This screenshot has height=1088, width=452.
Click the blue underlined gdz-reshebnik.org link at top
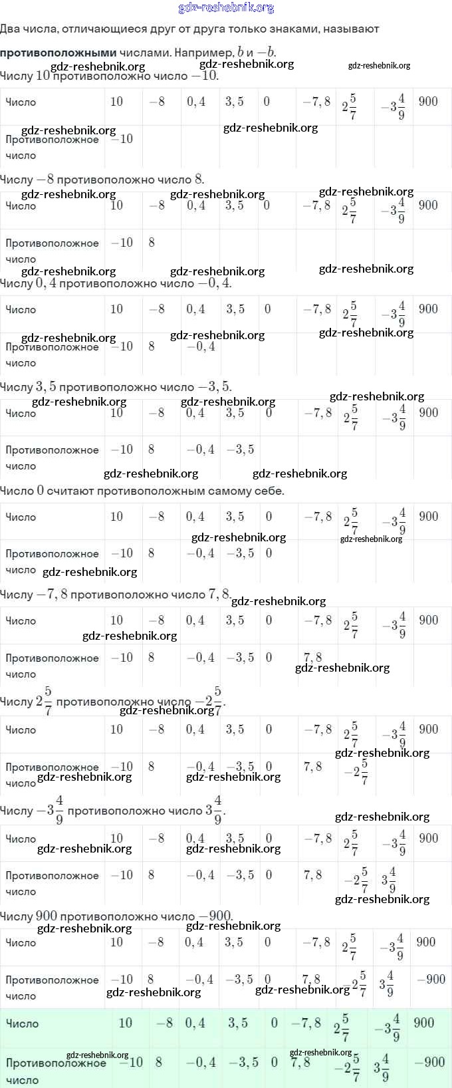[x=226, y=8]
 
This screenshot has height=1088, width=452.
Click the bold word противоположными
[x=58, y=53]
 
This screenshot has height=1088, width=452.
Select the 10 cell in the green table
[x=125, y=1023]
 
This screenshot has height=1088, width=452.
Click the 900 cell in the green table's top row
[x=424, y=1023]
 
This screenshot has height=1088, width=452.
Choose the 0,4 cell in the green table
[x=195, y=1023]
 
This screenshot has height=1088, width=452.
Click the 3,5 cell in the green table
[x=238, y=1023]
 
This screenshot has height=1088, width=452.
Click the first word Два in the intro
[x=9, y=29]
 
